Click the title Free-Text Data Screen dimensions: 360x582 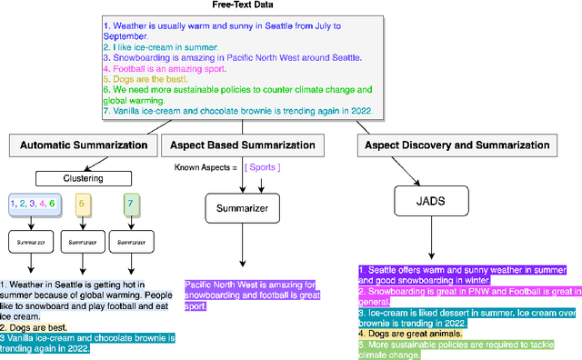(x=290, y=6)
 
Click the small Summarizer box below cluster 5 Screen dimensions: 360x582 (x=80, y=243)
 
